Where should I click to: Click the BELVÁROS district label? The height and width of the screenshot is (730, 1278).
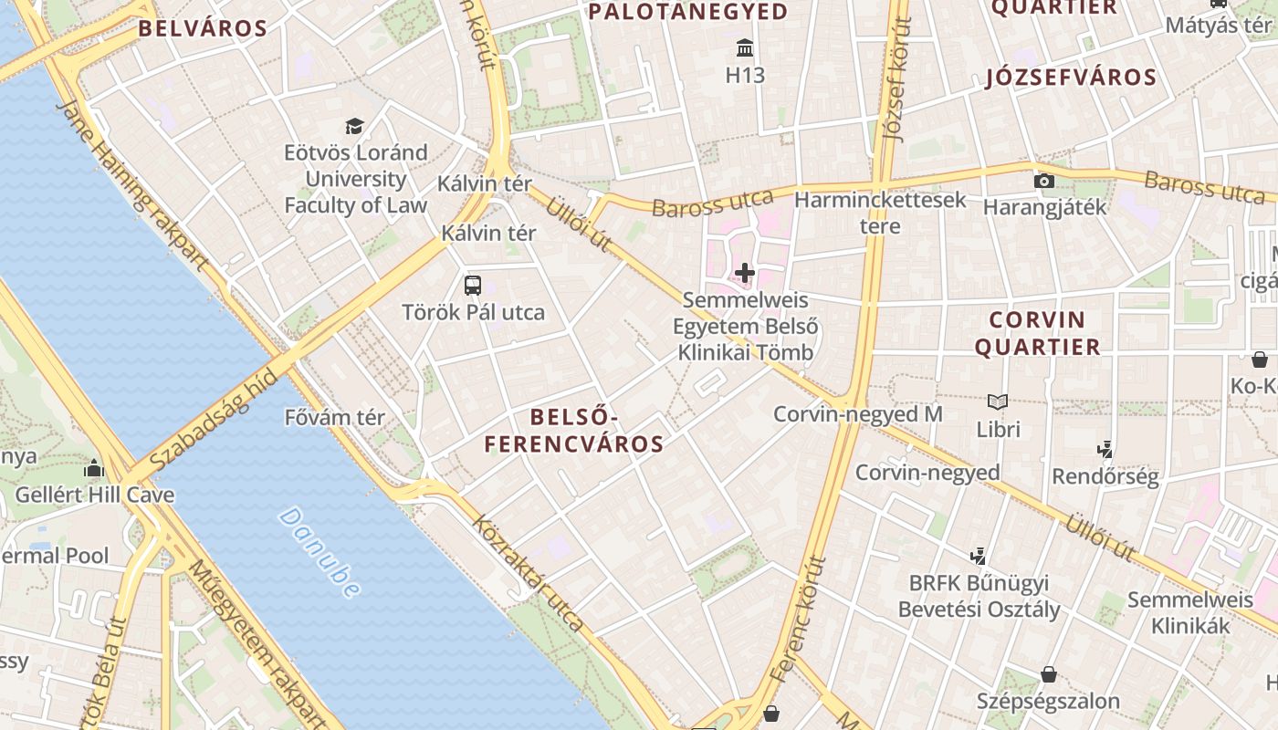[x=203, y=28]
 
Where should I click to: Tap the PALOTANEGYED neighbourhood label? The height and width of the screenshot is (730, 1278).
[x=688, y=12]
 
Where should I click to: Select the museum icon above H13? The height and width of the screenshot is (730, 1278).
[x=745, y=47]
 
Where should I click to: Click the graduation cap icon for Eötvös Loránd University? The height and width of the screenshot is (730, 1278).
[x=354, y=126]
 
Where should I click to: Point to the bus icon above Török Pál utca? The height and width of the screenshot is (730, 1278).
[x=473, y=285]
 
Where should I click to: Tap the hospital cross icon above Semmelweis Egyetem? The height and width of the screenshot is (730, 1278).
[x=745, y=272]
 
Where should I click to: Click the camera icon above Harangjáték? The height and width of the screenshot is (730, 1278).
[x=1044, y=181]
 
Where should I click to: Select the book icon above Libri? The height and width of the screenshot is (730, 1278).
[x=998, y=401]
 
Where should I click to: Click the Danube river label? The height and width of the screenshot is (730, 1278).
[x=319, y=553]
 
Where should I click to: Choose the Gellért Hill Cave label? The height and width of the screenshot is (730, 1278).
[x=95, y=495]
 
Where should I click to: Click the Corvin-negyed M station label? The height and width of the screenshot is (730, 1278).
[x=857, y=414]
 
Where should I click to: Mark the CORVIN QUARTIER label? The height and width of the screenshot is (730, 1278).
[x=1037, y=333]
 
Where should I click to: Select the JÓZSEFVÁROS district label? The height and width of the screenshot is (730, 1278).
[x=1071, y=78]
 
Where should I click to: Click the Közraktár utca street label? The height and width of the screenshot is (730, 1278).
[x=528, y=573]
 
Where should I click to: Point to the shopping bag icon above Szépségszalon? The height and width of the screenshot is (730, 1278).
[x=1049, y=675]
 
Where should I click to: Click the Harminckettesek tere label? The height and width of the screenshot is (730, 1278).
[x=880, y=212]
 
